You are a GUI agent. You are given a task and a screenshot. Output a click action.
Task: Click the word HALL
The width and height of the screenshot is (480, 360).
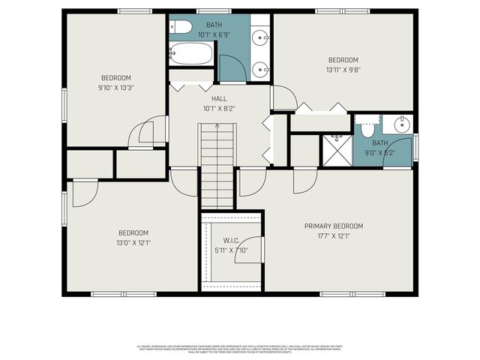click(218, 98)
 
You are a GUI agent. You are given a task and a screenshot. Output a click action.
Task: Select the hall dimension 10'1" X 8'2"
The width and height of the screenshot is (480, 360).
click(218, 108)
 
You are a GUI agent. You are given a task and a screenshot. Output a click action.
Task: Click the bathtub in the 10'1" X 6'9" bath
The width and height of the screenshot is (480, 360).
click(191, 53)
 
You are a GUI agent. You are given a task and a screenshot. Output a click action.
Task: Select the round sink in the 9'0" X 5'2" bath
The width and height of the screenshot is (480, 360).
click(403, 125)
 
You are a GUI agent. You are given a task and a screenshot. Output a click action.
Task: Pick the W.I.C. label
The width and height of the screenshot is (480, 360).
click(230, 241)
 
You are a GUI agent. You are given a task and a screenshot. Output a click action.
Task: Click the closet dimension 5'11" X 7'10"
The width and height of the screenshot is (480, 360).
click(230, 250)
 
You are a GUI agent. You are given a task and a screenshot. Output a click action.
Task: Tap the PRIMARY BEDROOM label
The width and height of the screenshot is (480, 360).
click(333, 226)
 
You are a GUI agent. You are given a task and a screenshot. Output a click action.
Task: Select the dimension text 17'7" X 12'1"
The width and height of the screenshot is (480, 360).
click(333, 235)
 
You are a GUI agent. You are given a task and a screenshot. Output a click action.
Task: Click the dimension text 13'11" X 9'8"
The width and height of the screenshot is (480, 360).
click(343, 70)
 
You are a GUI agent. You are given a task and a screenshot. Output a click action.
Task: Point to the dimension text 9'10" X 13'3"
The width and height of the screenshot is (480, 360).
click(116, 87)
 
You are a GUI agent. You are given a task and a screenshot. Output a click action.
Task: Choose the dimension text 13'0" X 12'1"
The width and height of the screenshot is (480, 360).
click(132, 242)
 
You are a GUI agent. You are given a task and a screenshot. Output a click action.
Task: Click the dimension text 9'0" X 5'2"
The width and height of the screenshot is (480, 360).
click(379, 152)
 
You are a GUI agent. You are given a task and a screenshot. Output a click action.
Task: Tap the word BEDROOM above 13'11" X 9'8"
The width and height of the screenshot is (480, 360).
click(343, 60)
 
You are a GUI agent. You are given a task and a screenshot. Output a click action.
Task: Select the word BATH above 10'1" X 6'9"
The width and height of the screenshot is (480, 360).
click(204, 24)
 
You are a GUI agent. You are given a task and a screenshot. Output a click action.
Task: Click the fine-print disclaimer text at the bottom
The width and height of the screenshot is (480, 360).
click(239, 348)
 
